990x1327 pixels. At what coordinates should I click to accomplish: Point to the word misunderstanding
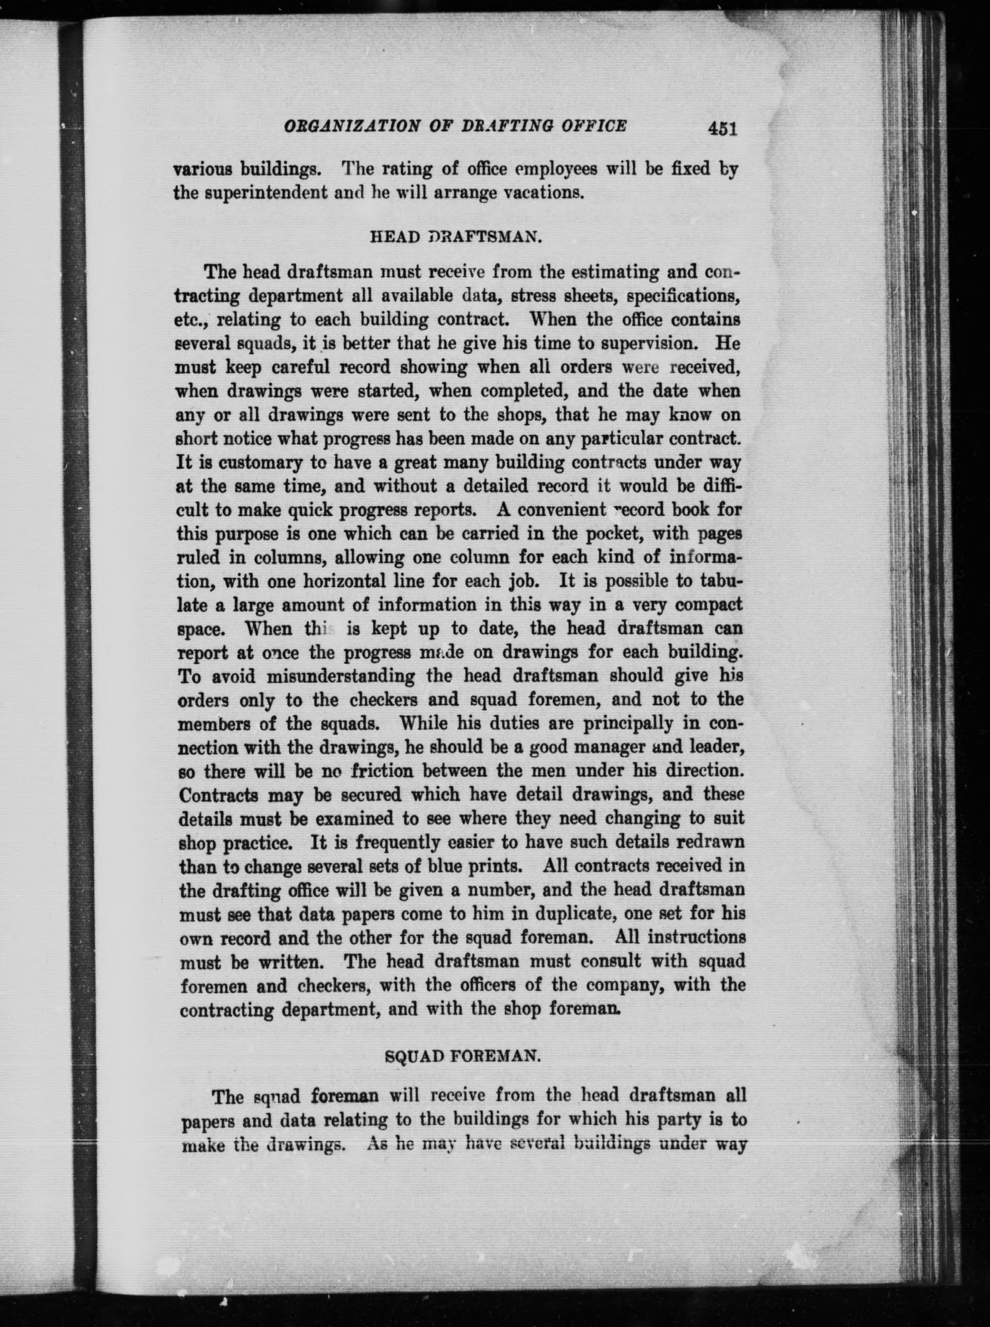pyautogui.click(x=340, y=676)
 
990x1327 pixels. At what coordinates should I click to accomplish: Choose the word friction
pyautogui.click(x=382, y=771)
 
